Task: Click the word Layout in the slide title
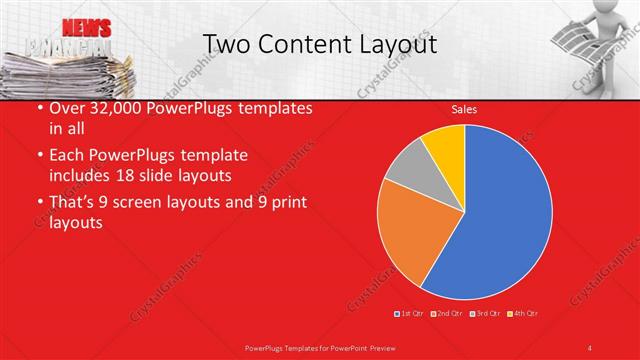pos(394,44)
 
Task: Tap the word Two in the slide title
pos(225,44)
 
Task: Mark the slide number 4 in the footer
pos(589,347)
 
